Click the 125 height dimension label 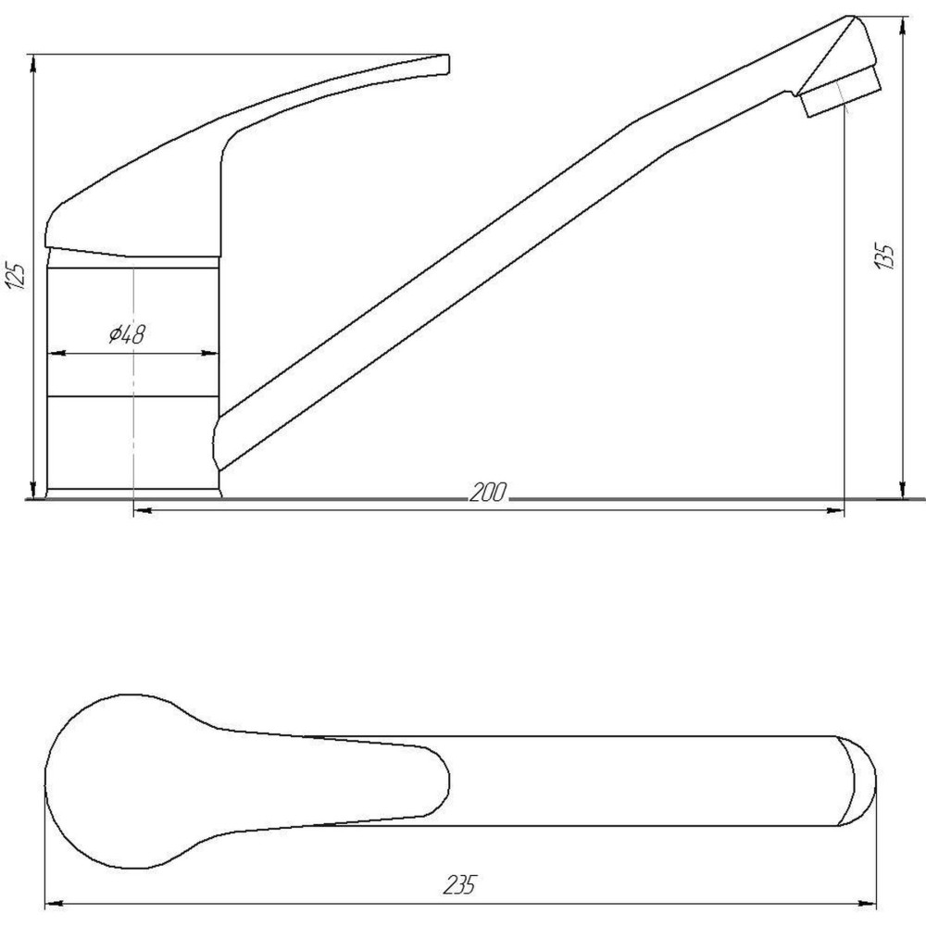click(16, 277)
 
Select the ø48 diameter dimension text click(126, 335)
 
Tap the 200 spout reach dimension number click(487, 494)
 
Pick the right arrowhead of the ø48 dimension click(212, 353)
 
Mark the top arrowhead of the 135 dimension click(903, 23)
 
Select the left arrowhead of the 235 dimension click(54, 901)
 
